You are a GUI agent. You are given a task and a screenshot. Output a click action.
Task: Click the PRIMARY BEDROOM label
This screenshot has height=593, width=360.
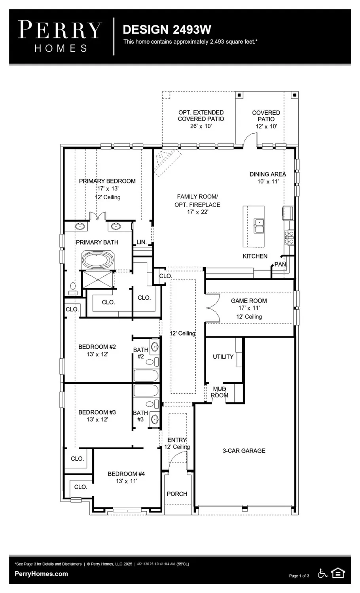[107, 181]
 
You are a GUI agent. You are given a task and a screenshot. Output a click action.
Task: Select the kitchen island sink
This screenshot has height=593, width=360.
[259, 227]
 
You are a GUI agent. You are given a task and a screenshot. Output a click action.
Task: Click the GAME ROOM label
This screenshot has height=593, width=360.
[249, 301]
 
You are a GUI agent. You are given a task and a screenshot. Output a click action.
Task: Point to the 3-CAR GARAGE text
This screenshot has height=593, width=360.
[244, 451]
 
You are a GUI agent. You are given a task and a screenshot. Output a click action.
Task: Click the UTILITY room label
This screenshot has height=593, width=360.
[223, 357]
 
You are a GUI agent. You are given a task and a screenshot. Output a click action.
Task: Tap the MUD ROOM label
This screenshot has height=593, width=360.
[219, 392]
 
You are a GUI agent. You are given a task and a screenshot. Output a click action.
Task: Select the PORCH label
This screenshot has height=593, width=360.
[177, 494]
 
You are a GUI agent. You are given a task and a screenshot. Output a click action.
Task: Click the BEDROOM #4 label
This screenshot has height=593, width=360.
[126, 474]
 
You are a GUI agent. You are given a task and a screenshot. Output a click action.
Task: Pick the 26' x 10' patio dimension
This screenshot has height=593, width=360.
[201, 126]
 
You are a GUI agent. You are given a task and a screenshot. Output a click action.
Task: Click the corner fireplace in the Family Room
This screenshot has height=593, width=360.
[165, 161]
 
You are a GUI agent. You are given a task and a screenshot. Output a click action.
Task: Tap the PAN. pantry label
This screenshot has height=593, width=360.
[280, 264]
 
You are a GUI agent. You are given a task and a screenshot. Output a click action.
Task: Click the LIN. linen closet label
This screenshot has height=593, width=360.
[142, 242]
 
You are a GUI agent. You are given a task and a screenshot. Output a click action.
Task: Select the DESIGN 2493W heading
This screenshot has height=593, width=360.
[167, 30]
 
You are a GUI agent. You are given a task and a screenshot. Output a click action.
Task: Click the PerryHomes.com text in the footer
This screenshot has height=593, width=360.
[41, 574]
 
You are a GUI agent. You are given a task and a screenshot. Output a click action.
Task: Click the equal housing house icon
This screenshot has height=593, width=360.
[338, 573]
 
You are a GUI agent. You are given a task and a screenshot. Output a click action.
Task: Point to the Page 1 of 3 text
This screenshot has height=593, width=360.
[299, 576]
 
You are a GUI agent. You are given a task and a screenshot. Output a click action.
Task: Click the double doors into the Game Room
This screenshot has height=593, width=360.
[212, 308]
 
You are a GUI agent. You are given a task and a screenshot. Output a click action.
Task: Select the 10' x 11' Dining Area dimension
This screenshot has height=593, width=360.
[267, 181]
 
